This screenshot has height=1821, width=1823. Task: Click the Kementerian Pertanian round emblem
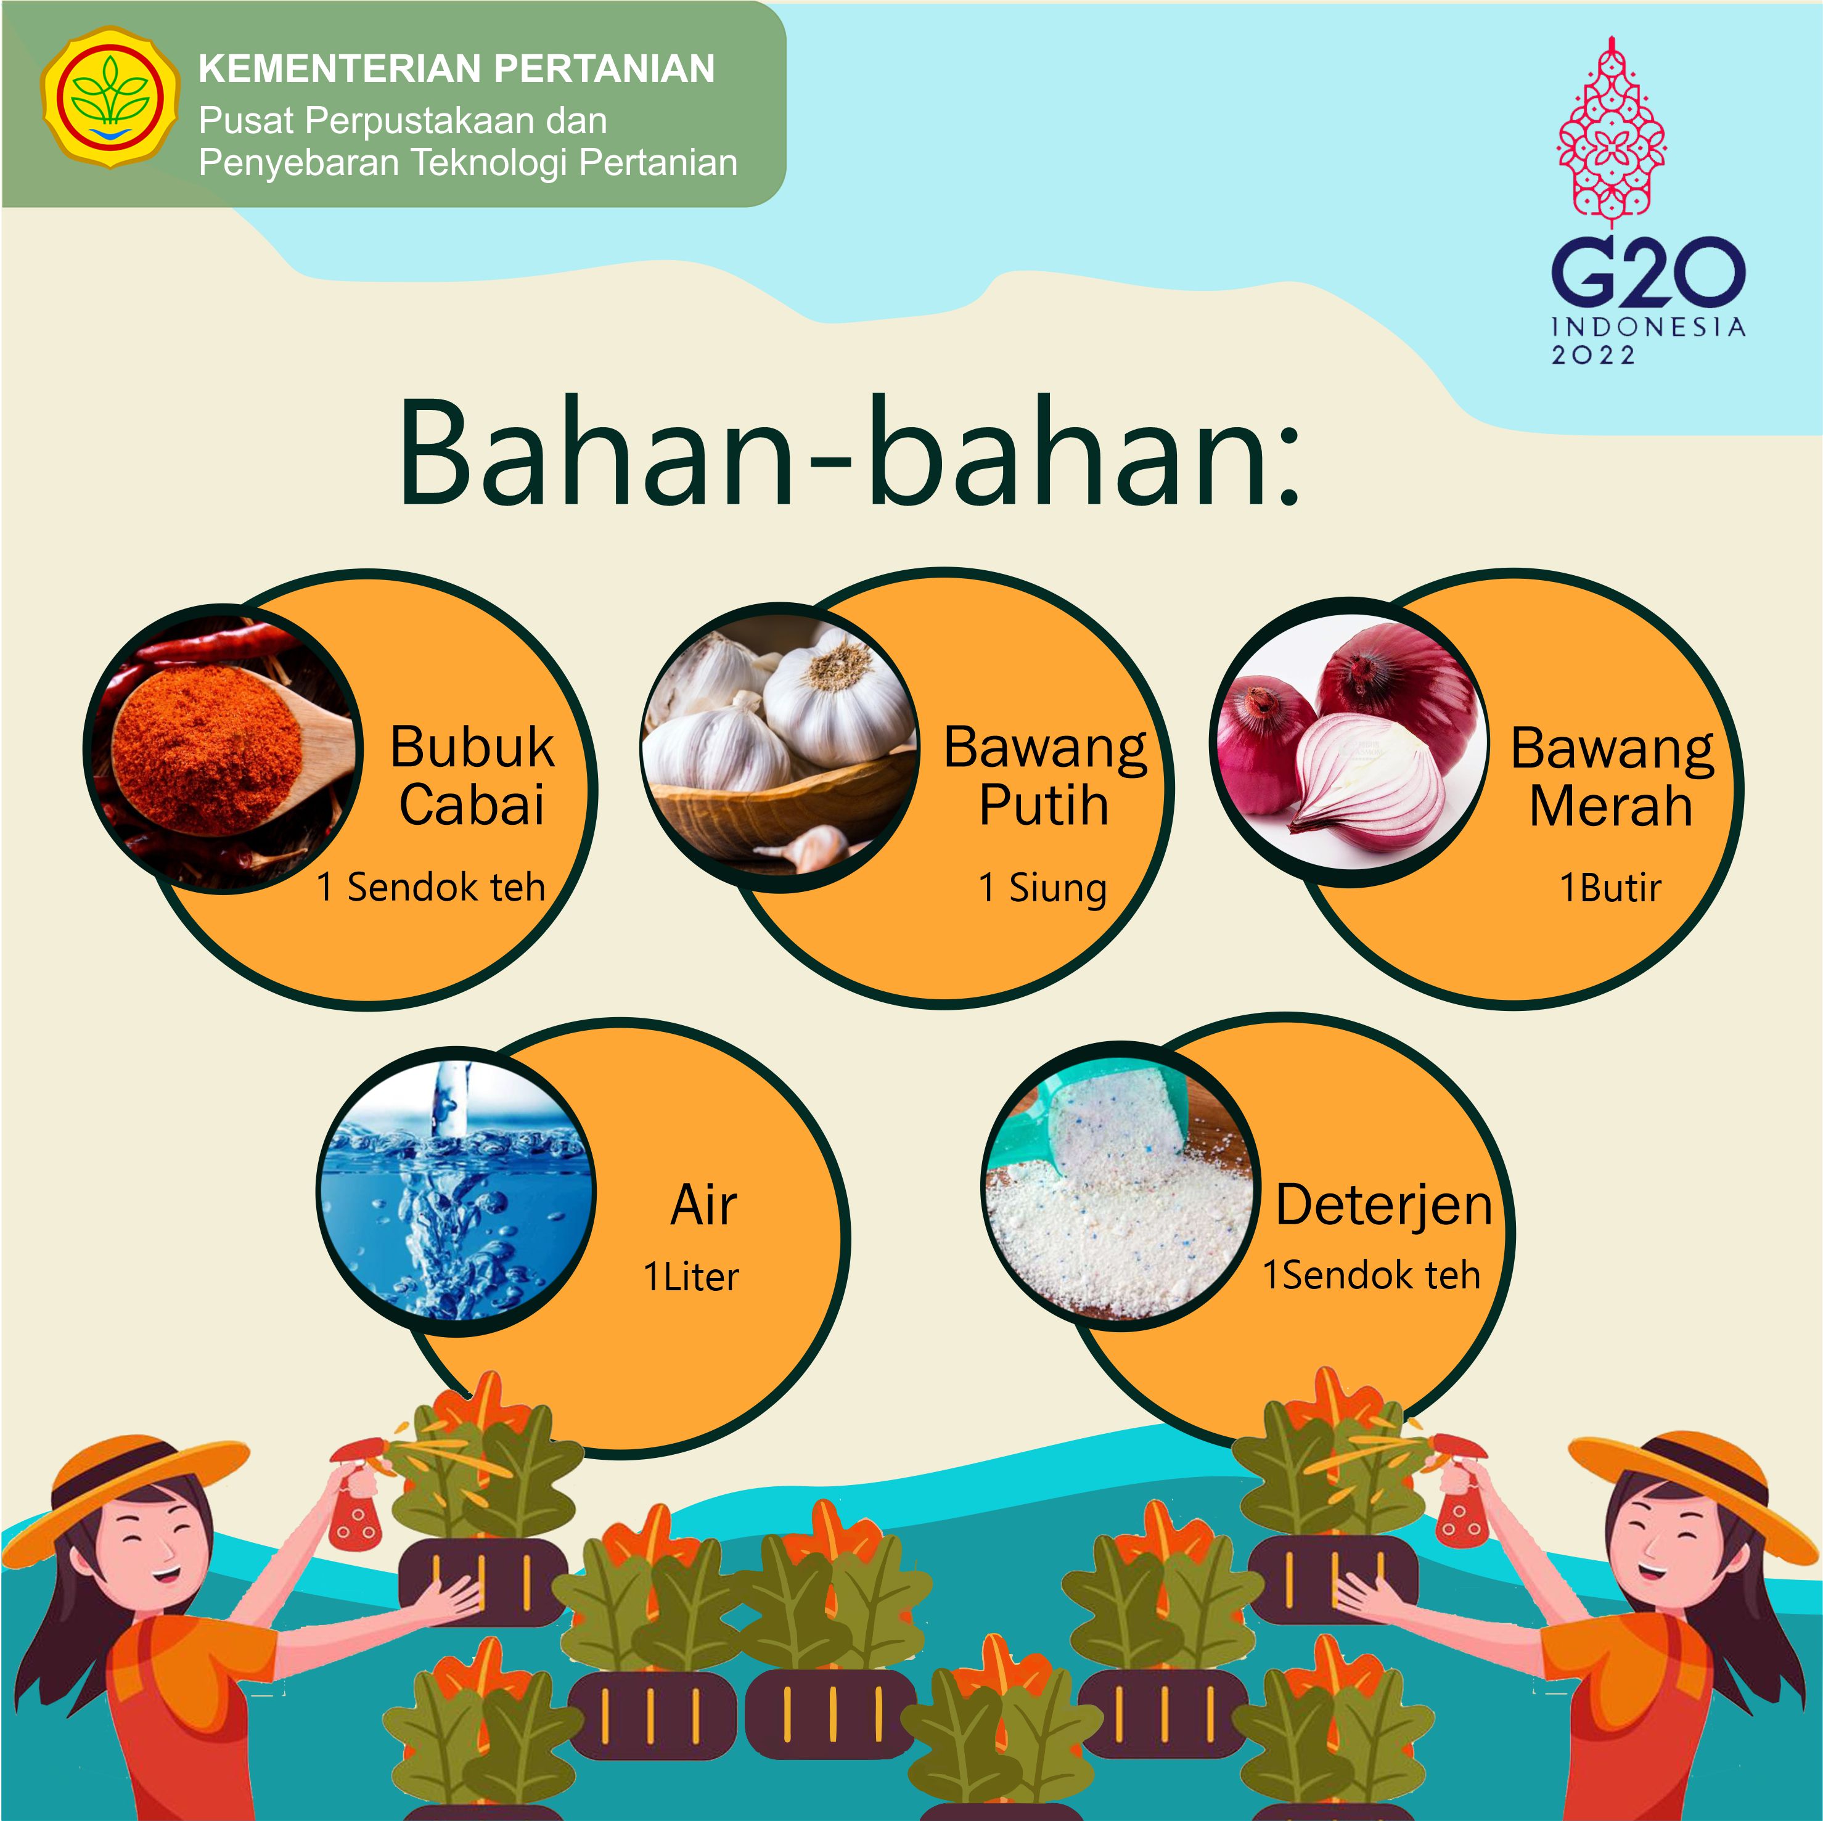(110, 97)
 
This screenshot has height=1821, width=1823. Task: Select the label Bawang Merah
(1612, 777)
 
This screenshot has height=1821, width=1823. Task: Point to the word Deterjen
(1384, 1206)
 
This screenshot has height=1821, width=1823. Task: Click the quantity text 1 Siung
(1043, 889)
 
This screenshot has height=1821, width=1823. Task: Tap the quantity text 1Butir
(1610, 888)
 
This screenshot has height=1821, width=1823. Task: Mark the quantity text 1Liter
(690, 1277)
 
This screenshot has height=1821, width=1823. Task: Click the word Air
(704, 1205)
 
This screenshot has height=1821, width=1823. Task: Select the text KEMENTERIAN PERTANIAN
(457, 69)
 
